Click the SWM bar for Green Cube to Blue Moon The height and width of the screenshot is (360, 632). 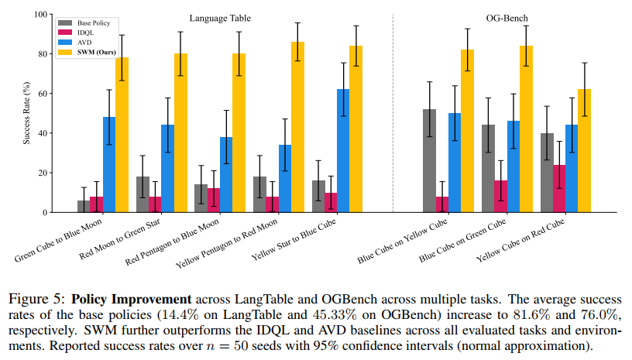[x=122, y=135]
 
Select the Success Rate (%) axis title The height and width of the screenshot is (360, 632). [x=29, y=113]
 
